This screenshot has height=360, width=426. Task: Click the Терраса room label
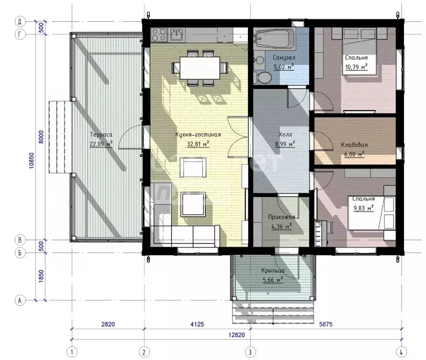tap(101, 135)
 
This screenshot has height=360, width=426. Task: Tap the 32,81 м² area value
tap(198, 144)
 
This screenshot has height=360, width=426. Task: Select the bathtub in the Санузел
tap(274, 38)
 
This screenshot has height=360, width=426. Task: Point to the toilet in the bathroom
tap(263, 77)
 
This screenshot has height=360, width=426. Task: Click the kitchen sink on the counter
tap(177, 35)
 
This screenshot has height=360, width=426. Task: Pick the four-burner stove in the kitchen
tap(159, 35)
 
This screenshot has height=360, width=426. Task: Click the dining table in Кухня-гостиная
tap(200, 67)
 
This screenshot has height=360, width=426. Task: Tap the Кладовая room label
tap(354, 145)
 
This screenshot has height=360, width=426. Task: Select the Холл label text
tap(285, 135)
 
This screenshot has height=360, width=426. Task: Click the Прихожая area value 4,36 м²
tap(282, 226)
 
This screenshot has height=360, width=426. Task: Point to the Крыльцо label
tap(273, 270)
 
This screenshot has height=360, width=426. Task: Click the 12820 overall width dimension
tap(236, 335)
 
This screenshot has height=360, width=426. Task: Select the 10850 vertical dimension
tap(32, 161)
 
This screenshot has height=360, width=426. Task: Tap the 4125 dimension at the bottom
tap(197, 324)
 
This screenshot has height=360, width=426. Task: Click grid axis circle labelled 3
tap(250, 352)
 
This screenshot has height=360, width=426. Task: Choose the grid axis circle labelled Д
tap(20, 22)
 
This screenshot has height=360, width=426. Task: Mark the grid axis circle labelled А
tap(20, 300)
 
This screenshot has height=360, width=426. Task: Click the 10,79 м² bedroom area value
tap(357, 67)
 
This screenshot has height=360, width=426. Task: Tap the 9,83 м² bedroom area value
tap(364, 209)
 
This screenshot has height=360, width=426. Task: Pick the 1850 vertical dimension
tap(41, 276)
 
